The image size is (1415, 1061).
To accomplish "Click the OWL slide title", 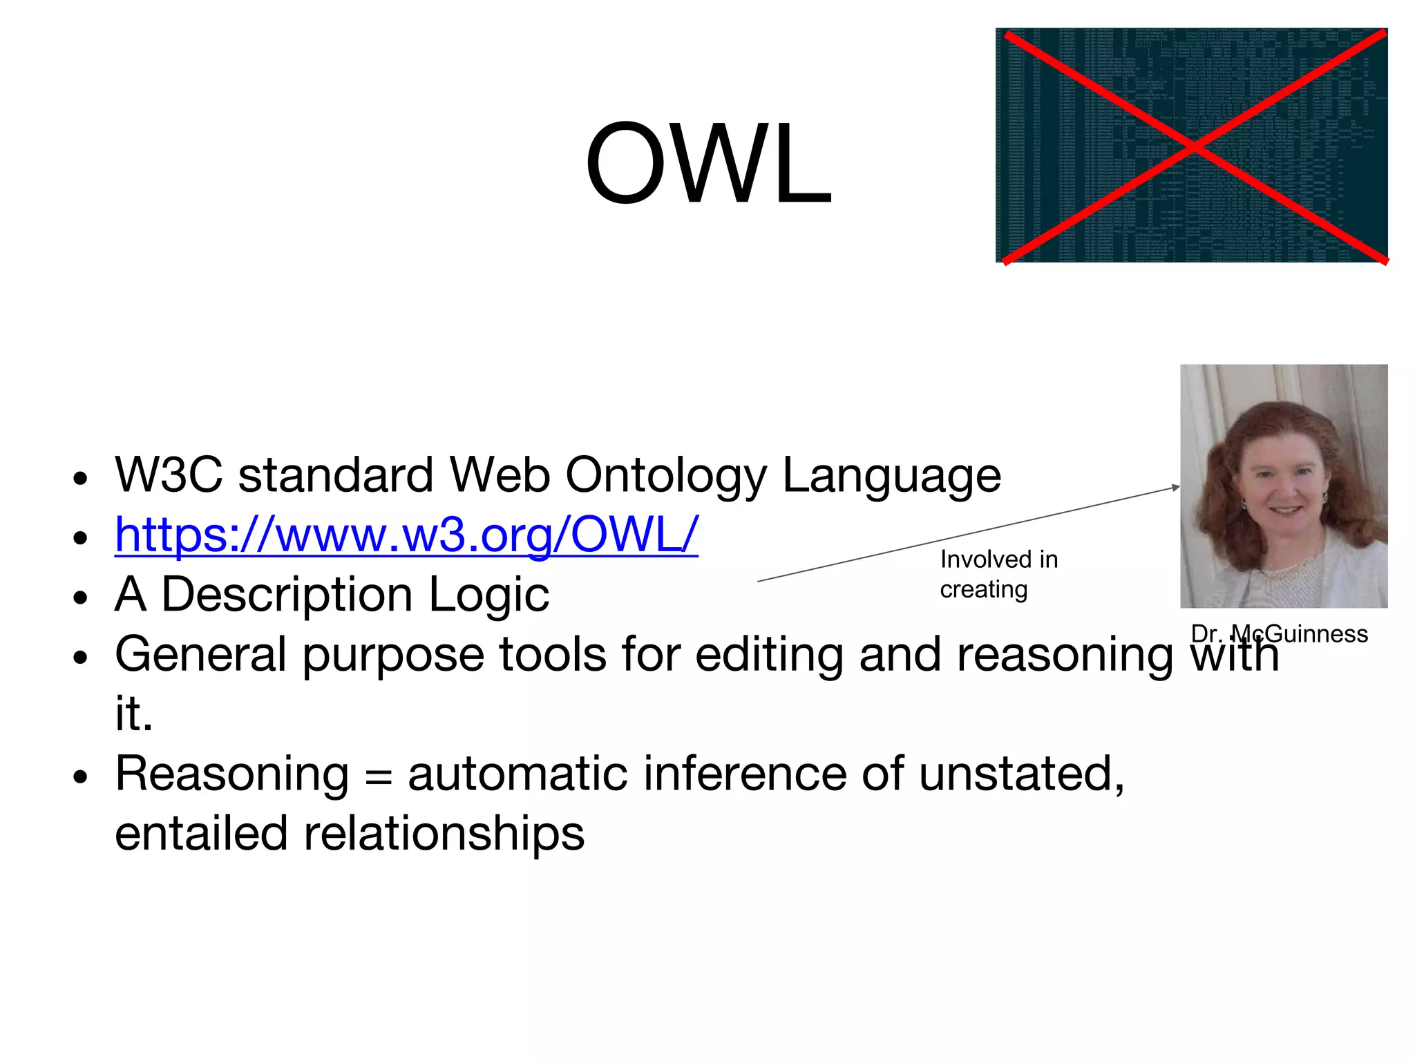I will [x=708, y=164].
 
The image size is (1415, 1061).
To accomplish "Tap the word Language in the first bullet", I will [x=891, y=477].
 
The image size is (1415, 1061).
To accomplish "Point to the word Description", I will [x=287, y=595].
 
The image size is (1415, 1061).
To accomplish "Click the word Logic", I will [x=488, y=595].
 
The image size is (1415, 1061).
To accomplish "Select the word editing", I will [x=769, y=654].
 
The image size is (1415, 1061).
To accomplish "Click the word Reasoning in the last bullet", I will [x=231, y=774].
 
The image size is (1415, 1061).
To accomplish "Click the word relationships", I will [x=444, y=833].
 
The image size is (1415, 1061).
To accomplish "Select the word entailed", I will [x=201, y=833].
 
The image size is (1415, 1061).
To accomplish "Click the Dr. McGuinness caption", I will [x=1279, y=633].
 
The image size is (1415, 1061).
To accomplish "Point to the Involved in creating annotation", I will [x=998, y=574].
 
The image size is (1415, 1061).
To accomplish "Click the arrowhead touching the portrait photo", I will [x=1176, y=488].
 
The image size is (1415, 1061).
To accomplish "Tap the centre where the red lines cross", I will [x=1193, y=145].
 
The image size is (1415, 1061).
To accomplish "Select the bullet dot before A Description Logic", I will [x=81, y=597].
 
